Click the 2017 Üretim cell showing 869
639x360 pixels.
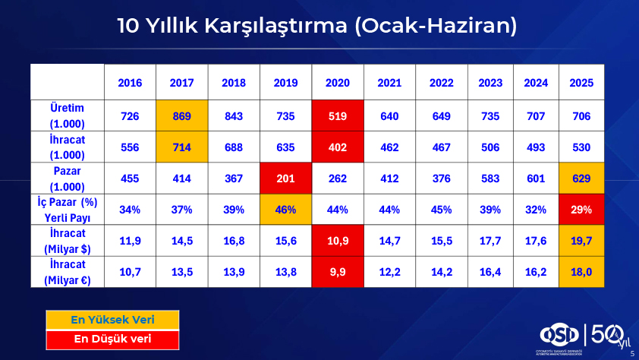click(x=181, y=115)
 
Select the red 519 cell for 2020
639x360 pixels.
click(x=338, y=115)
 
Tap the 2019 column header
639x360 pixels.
click(x=285, y=83)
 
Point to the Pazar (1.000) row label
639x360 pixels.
click(x=68, y=178)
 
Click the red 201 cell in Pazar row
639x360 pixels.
click(x=285, y=178)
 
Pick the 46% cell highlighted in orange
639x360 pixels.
click(x=285, y=210)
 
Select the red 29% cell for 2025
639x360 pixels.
click(x=581, y=210)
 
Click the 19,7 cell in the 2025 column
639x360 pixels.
click(x=581, y=241)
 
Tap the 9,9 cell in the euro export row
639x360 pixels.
click(x=338, y=272)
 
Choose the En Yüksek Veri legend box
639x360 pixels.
click(x=112, y=320)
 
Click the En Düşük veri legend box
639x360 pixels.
click(x=112, y=339)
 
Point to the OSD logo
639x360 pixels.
click(x=559, y=335)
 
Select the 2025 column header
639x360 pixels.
click(x=581, y=83)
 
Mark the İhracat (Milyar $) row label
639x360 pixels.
click(x=68, y=241)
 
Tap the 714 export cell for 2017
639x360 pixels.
click(x=181, y=147)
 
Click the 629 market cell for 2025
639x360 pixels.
click(x=581, y=178)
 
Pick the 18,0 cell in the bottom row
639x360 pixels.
click(x=581, y=272)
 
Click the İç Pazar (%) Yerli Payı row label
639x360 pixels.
click(x=68, y=210)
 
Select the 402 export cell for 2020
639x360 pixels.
click(x=338, y=147)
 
